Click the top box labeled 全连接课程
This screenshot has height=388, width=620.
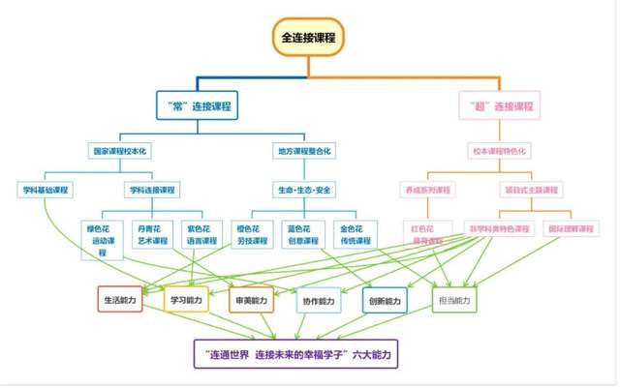(307, 38)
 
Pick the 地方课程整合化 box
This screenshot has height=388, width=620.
(307, 152)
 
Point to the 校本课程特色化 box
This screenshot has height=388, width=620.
(500, 152)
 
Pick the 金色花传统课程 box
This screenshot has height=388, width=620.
(356, 234)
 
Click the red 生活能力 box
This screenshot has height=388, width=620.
(123, 301)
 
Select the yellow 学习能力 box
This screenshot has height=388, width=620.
(187, 301)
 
